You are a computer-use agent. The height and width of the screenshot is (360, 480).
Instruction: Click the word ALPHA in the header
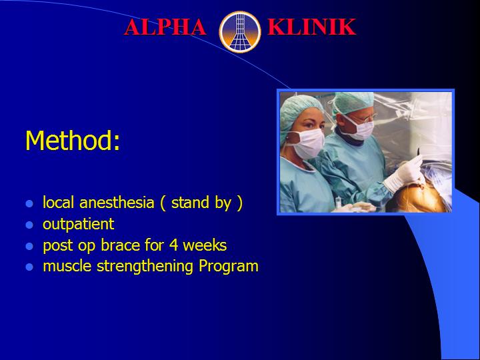(165, 27)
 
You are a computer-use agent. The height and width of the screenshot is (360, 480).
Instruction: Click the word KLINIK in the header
(311, 27)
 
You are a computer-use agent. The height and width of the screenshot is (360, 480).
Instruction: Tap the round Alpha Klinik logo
(240, 32)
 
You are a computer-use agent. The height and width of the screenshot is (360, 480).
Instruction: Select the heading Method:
(73, 141)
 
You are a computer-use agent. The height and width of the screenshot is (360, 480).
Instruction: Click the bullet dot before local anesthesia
(29, 204)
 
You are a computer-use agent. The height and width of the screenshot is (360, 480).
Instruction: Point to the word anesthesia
(117, 203)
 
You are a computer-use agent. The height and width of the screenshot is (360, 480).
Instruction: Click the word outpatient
(79, 225)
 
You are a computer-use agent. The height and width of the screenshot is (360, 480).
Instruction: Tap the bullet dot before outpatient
(29, 225)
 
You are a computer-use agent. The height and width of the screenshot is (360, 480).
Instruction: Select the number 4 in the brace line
(173, 245)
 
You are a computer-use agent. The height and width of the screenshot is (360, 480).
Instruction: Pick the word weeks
(205, 245)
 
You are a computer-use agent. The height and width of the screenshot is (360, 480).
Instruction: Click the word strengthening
(145, 267)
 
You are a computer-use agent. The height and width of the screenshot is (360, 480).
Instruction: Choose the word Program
(229, 267)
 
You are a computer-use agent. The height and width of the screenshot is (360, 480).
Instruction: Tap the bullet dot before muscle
(29, 267)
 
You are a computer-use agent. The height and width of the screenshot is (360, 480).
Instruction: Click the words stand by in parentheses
(201, 203)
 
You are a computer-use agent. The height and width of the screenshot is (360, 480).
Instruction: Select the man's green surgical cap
(353, 102)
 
